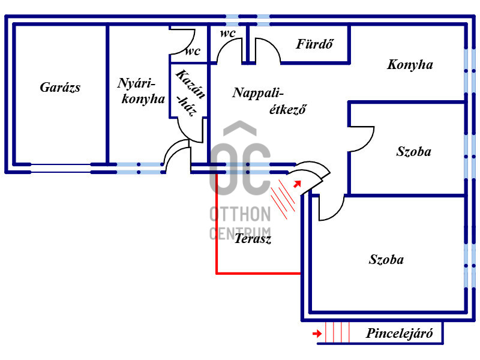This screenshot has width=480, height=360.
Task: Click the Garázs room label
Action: (x=60, y=88)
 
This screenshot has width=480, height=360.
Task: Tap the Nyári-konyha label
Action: (x=141, y=91)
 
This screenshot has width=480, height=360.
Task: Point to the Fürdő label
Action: (x=314, y=44)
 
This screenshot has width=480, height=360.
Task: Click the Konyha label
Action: (x=410, y=65)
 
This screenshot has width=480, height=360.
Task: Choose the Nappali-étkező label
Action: (x=269, y=101)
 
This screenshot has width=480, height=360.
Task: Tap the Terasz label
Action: (x=253, y=238)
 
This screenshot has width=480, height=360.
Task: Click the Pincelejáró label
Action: (x=400, y=333)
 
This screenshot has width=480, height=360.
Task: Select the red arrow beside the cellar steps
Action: (x=317, y=334)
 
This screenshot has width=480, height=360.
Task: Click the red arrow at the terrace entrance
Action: (x=297, y=184)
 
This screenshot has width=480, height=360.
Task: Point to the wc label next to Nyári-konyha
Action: (x=193, y=51)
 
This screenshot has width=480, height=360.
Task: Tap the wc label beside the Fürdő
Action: (x=228, y=33)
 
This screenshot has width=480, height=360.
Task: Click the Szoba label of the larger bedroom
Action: (x=386, y=260)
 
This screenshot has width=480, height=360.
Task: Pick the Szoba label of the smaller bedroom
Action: (x=414, y=152)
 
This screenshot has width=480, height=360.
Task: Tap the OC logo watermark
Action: (x=241, y=159)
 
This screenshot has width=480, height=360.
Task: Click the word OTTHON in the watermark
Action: (x=241, y=214)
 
